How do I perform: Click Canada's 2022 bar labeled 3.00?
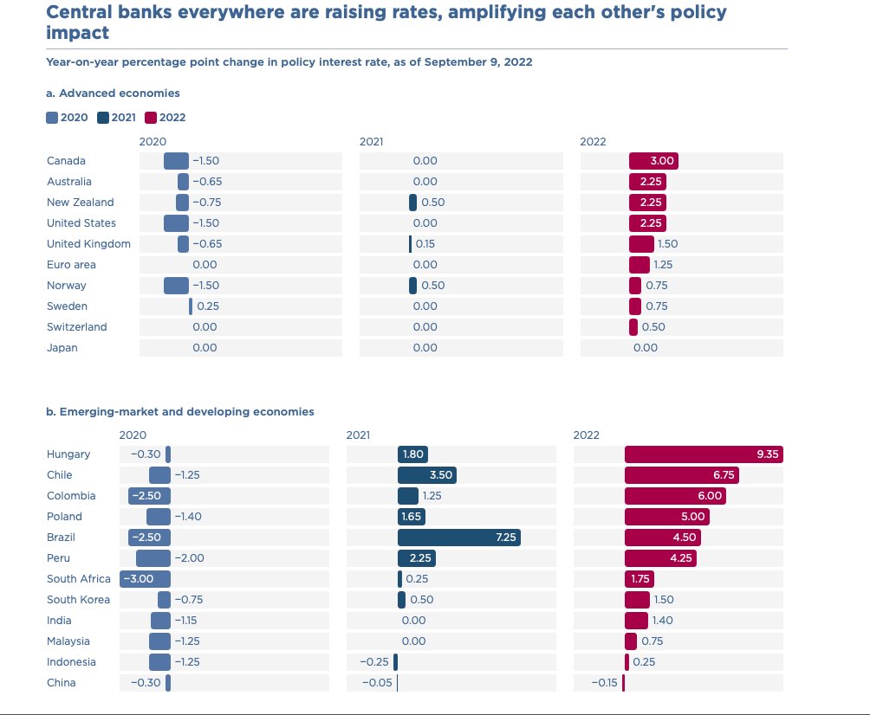653,161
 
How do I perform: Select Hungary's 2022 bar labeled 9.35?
704,454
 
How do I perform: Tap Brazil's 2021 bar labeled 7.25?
459,537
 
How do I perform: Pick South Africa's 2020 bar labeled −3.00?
145,578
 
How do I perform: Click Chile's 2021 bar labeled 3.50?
427,475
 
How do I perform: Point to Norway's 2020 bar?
176,286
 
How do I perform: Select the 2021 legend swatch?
102,118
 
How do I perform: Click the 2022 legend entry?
166,118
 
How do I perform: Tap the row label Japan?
62,347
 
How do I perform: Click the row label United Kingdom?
88,244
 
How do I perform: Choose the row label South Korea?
78,600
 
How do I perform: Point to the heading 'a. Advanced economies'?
113,93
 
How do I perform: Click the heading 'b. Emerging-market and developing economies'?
179,412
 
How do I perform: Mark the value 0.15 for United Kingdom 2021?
425,244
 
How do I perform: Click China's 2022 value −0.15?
604,683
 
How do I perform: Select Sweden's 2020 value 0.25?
208,306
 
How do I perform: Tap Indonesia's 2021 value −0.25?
374,662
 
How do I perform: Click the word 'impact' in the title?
78,33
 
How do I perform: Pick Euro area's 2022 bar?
640,264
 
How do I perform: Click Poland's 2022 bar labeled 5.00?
667,517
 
